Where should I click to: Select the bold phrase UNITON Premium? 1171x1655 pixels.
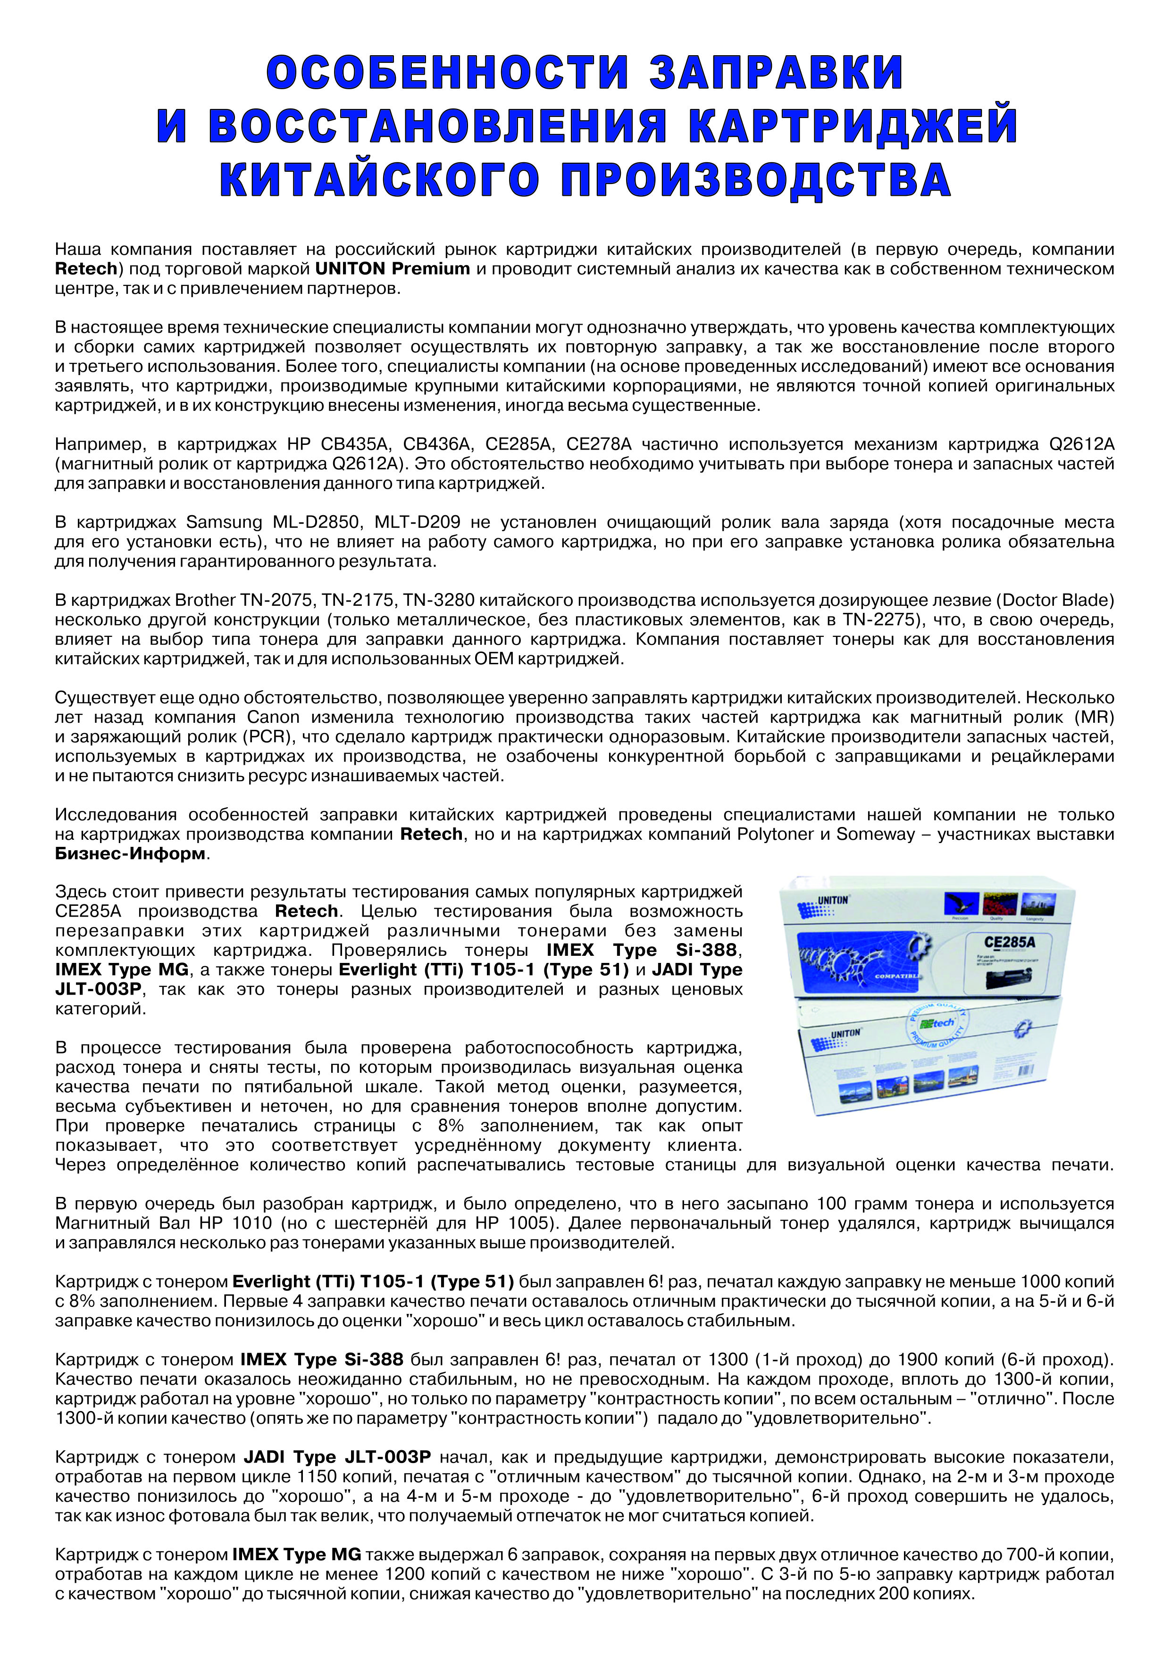[392, 269]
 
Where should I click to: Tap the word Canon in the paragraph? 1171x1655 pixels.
[273, 717]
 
